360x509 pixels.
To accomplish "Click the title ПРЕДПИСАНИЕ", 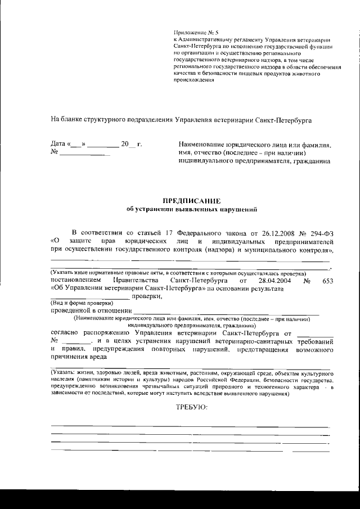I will click(x=192, y=201).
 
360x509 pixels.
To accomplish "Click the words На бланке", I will click(x=66, y=119).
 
